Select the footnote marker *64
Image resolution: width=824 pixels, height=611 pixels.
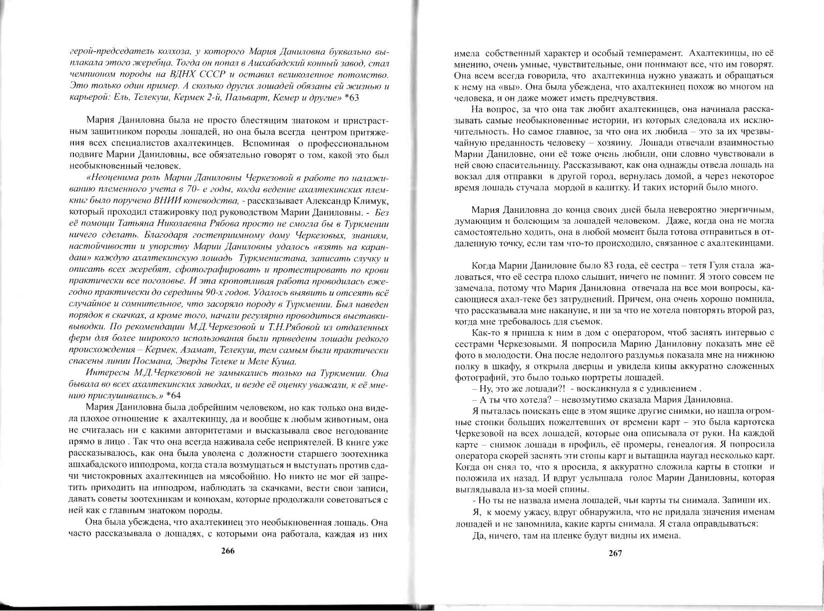173,395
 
